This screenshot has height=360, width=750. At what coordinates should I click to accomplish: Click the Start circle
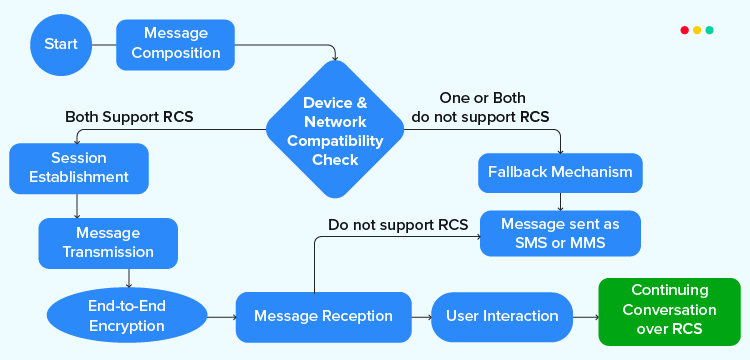(x=61, y=45)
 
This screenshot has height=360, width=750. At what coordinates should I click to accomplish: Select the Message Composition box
(x=176, y=44)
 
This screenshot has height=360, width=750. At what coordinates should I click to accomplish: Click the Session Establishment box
(x=78, y=167)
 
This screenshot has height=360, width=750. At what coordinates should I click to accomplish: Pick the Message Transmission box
(x=108, y=242)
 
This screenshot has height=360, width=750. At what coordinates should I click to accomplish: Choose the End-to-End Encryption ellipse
(x=126, y=316)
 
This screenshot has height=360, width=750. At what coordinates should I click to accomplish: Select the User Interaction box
(x=501, y=317)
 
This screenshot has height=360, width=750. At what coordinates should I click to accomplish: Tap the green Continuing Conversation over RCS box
(x=669, y=311)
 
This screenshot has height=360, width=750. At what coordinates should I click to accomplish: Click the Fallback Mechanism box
(x=560, y=172)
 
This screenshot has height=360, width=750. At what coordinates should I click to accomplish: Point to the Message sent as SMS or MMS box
(x=560, y=233)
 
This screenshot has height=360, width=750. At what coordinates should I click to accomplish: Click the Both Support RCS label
(x=129, y=117)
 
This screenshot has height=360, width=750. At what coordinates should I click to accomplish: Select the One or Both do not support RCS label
(x=480, y=107)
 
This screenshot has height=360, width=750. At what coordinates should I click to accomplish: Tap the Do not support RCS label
(x=398, y=225)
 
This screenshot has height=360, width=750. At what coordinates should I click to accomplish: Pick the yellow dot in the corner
(x=697, y=30)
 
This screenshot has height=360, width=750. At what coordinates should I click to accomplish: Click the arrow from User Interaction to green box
(x=584, y=317)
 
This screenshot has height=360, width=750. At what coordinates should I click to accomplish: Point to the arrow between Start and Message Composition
(x=104, y=45)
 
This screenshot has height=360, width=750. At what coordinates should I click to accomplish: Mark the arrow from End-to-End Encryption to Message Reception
(x=220, y=317)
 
